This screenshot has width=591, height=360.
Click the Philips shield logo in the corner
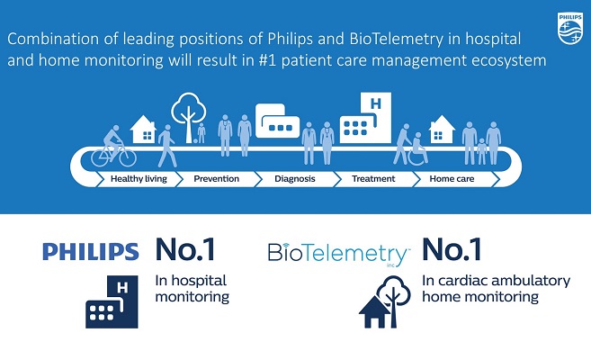(x=570, y=28)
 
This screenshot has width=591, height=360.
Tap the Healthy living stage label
(x=139, y=179)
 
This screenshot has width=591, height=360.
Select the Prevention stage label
(x=217, y=179)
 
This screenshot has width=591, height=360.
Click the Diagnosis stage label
(x=295, y=179)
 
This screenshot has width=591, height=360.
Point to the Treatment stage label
(x=373, y=179)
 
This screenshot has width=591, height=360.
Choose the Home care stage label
(x=452, y=179)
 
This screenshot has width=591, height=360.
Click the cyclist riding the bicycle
(x=113, y=147)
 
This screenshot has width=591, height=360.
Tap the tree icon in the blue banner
(x=189, y=118)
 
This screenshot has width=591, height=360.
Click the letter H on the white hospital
(x=376, y=103)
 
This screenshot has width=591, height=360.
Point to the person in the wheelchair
(x=418, y=149)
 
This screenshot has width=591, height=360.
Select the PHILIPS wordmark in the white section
(x=91, y=251)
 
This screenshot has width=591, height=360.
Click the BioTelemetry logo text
(x=338, y=254)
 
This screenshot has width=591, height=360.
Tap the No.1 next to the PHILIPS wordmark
(x=184, y=249)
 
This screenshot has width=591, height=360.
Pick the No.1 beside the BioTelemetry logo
(x=452, y=249)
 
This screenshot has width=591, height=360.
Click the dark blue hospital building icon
(x=112, y=301)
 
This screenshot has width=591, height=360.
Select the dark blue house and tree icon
(x=384, y=301)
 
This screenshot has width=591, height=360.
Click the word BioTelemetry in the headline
(x=396, y=40)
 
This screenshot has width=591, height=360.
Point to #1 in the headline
(x=268, y=60)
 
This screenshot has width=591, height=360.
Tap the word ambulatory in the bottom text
(x=531, y=281)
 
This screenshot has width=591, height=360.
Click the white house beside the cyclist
(x=143, y=130)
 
